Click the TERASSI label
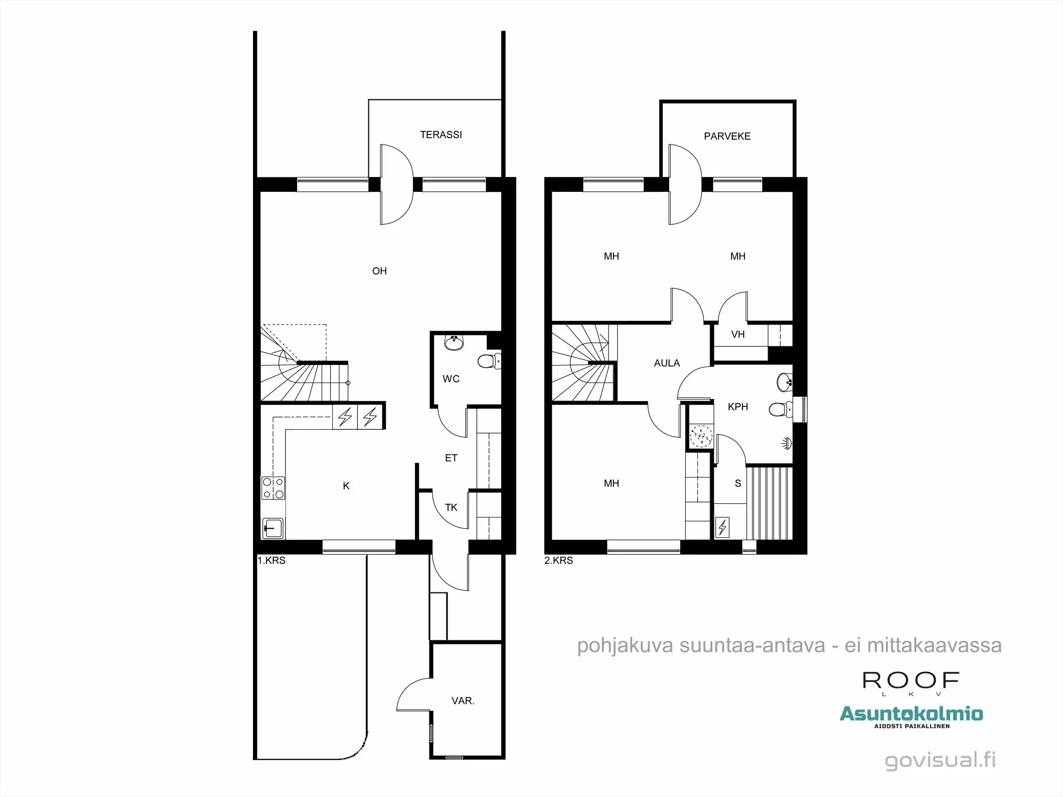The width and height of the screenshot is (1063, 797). (441, 135)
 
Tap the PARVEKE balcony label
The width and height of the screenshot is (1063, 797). (727, 137)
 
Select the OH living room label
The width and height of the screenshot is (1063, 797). (379, 272)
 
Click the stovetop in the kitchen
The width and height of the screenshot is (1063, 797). (273, 488)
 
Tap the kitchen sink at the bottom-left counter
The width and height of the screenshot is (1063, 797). (273, 528)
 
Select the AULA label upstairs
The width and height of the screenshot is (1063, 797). (667, 363)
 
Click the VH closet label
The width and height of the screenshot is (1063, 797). (738, 335)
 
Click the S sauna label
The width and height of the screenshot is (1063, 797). (738, 484)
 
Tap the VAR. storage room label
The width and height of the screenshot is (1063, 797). (462, 701)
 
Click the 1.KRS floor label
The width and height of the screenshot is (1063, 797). (272, 561)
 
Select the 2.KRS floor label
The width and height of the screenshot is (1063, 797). (559, 561)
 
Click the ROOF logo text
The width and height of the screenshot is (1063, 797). (910, 681)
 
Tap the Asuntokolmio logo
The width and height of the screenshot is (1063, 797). (911, 714)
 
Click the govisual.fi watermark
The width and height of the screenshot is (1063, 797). (940, 760)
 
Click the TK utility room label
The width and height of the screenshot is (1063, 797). (451, 508)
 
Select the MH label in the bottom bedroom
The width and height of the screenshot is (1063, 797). (611, 484)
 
